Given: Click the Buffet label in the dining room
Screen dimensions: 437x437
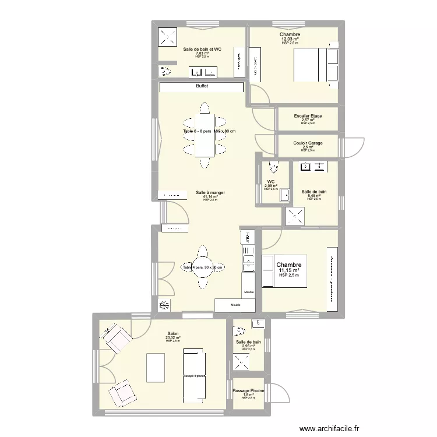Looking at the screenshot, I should [202, 86].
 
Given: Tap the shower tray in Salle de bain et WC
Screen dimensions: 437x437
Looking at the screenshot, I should [170, 37].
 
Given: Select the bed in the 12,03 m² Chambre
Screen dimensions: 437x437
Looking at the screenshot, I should [314, 64].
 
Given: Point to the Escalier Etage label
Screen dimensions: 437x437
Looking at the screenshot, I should [308, 116].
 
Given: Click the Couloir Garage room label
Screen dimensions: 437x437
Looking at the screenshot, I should [308, 143].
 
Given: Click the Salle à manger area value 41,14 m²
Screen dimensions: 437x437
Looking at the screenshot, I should [210, 196].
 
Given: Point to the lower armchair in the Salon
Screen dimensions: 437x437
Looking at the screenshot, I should [121, 394].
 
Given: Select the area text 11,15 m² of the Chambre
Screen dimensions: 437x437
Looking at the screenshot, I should [289, 270].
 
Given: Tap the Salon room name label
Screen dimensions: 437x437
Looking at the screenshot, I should [173, 333].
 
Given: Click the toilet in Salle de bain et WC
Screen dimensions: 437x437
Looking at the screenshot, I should [165, 71].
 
